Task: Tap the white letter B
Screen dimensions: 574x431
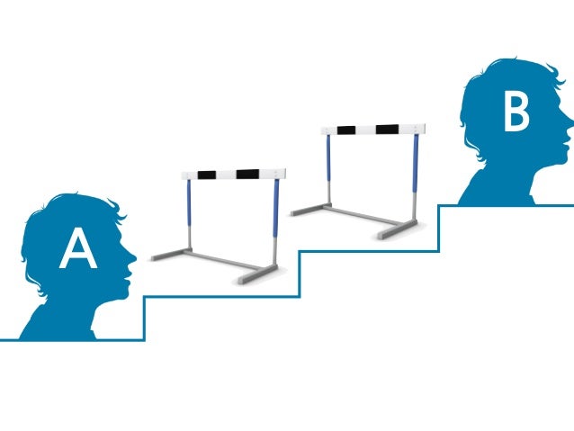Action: (516, 113)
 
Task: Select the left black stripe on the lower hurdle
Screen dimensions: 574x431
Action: (207, 174)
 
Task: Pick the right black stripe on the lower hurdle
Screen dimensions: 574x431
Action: (247, 173)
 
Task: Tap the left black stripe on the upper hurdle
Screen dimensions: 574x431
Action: (345, 130)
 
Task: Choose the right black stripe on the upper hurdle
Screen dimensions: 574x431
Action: (387, 129)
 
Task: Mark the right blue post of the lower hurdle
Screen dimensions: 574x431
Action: (276, 209)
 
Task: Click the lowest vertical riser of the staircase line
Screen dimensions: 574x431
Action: (144, 317)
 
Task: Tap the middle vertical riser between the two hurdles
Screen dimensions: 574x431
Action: (299, 273)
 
